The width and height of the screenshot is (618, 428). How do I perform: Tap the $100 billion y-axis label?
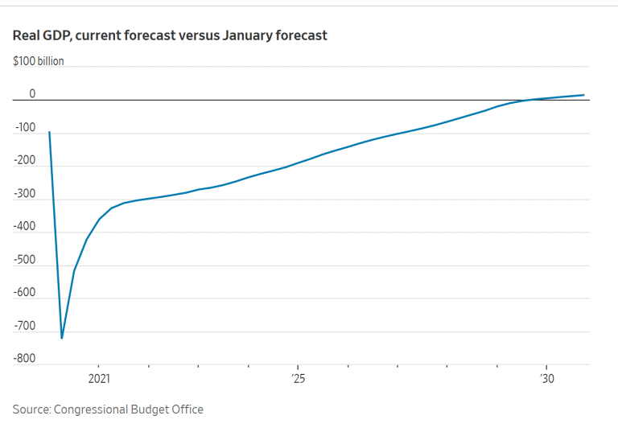tap(38, 61)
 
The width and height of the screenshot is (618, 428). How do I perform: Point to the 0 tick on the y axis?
tap(32, 93)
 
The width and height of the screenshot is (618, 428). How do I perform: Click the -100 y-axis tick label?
tap(26, 127)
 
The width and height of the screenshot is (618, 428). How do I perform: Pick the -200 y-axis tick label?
tap(26, 160)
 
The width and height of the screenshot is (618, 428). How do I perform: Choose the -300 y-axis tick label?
tap(26, 193)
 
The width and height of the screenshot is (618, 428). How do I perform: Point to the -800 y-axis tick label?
tap(26, 358)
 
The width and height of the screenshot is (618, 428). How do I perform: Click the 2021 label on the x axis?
tap(98, 378)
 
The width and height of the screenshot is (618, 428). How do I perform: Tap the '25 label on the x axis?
tap(298, 378)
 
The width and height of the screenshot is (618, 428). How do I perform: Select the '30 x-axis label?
tap(546, 378)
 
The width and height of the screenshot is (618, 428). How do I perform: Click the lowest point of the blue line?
tap(62, 338)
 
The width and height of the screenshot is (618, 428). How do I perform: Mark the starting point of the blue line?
tap(49, 132)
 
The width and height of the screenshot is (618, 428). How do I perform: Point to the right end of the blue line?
tap(583, 95)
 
